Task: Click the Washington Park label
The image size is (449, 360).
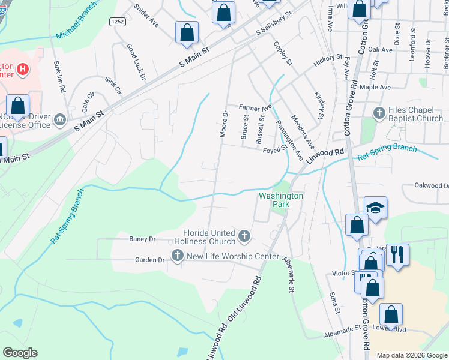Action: pyautogui.click(x=280, y=200)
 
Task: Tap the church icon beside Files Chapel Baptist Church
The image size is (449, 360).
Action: pyautogui.click(x=379, y=113)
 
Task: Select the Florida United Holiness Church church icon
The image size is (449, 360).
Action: pyautogui.click(x=244, y=236)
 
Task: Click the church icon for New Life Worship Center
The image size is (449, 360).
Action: pyautogui.click(x=177, y=256)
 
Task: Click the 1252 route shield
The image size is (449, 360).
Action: pyautogui.click(x=118, y=22)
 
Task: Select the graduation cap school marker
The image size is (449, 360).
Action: pyautogui.click(x=376, y=208)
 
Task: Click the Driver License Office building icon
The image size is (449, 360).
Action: pyautogui.click(x=60, y=120)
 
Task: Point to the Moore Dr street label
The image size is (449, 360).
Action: pyautogui.click(x=224, y=124)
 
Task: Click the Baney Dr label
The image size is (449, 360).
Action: pyautogui.click(x=142, y=239)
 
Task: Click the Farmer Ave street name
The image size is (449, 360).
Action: pyautogui.click(x=255, y=108)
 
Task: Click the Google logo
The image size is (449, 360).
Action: pyautogui.click(x=20, y=353)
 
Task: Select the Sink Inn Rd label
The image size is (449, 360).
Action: pyautogui.click(x=59, y=76)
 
